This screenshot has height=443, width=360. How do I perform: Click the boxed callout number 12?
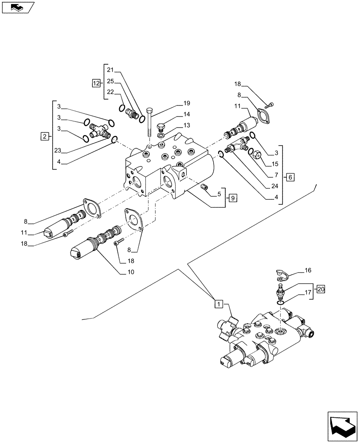[96, 83]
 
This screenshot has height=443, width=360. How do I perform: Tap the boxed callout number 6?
[290, 177]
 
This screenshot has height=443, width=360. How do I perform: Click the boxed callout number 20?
[321, 290]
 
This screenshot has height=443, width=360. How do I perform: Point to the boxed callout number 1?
[219, 303]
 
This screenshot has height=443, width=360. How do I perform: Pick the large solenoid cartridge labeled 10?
[87, 246]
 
